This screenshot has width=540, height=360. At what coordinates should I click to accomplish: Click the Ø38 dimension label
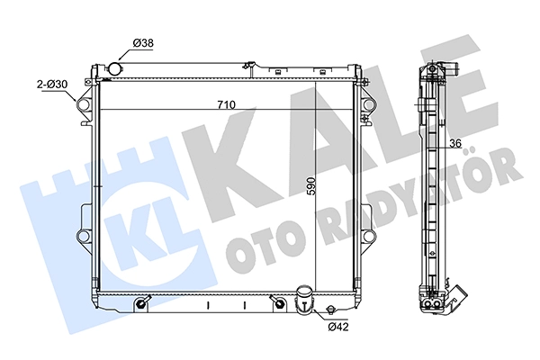coord(143,43)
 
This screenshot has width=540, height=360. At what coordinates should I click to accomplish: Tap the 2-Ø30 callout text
coord(52,85)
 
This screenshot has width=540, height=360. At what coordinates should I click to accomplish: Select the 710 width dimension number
coord(226,104)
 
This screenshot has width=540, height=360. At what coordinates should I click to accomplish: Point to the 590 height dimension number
coord(310,186)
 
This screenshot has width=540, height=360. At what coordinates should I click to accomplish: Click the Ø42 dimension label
coord(338,326)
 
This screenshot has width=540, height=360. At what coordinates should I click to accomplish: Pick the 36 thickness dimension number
coord(454,143)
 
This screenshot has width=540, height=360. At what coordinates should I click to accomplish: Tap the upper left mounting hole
coord(84,104)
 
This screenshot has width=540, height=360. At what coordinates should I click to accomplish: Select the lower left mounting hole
coord(84,237)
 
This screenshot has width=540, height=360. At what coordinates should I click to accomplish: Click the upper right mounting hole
coord(369,104)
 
